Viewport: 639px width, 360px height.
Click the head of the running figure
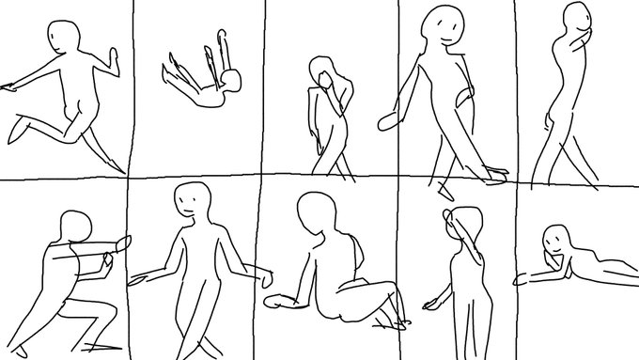(63, 39)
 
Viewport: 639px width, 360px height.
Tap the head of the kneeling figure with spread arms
(193, 201)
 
